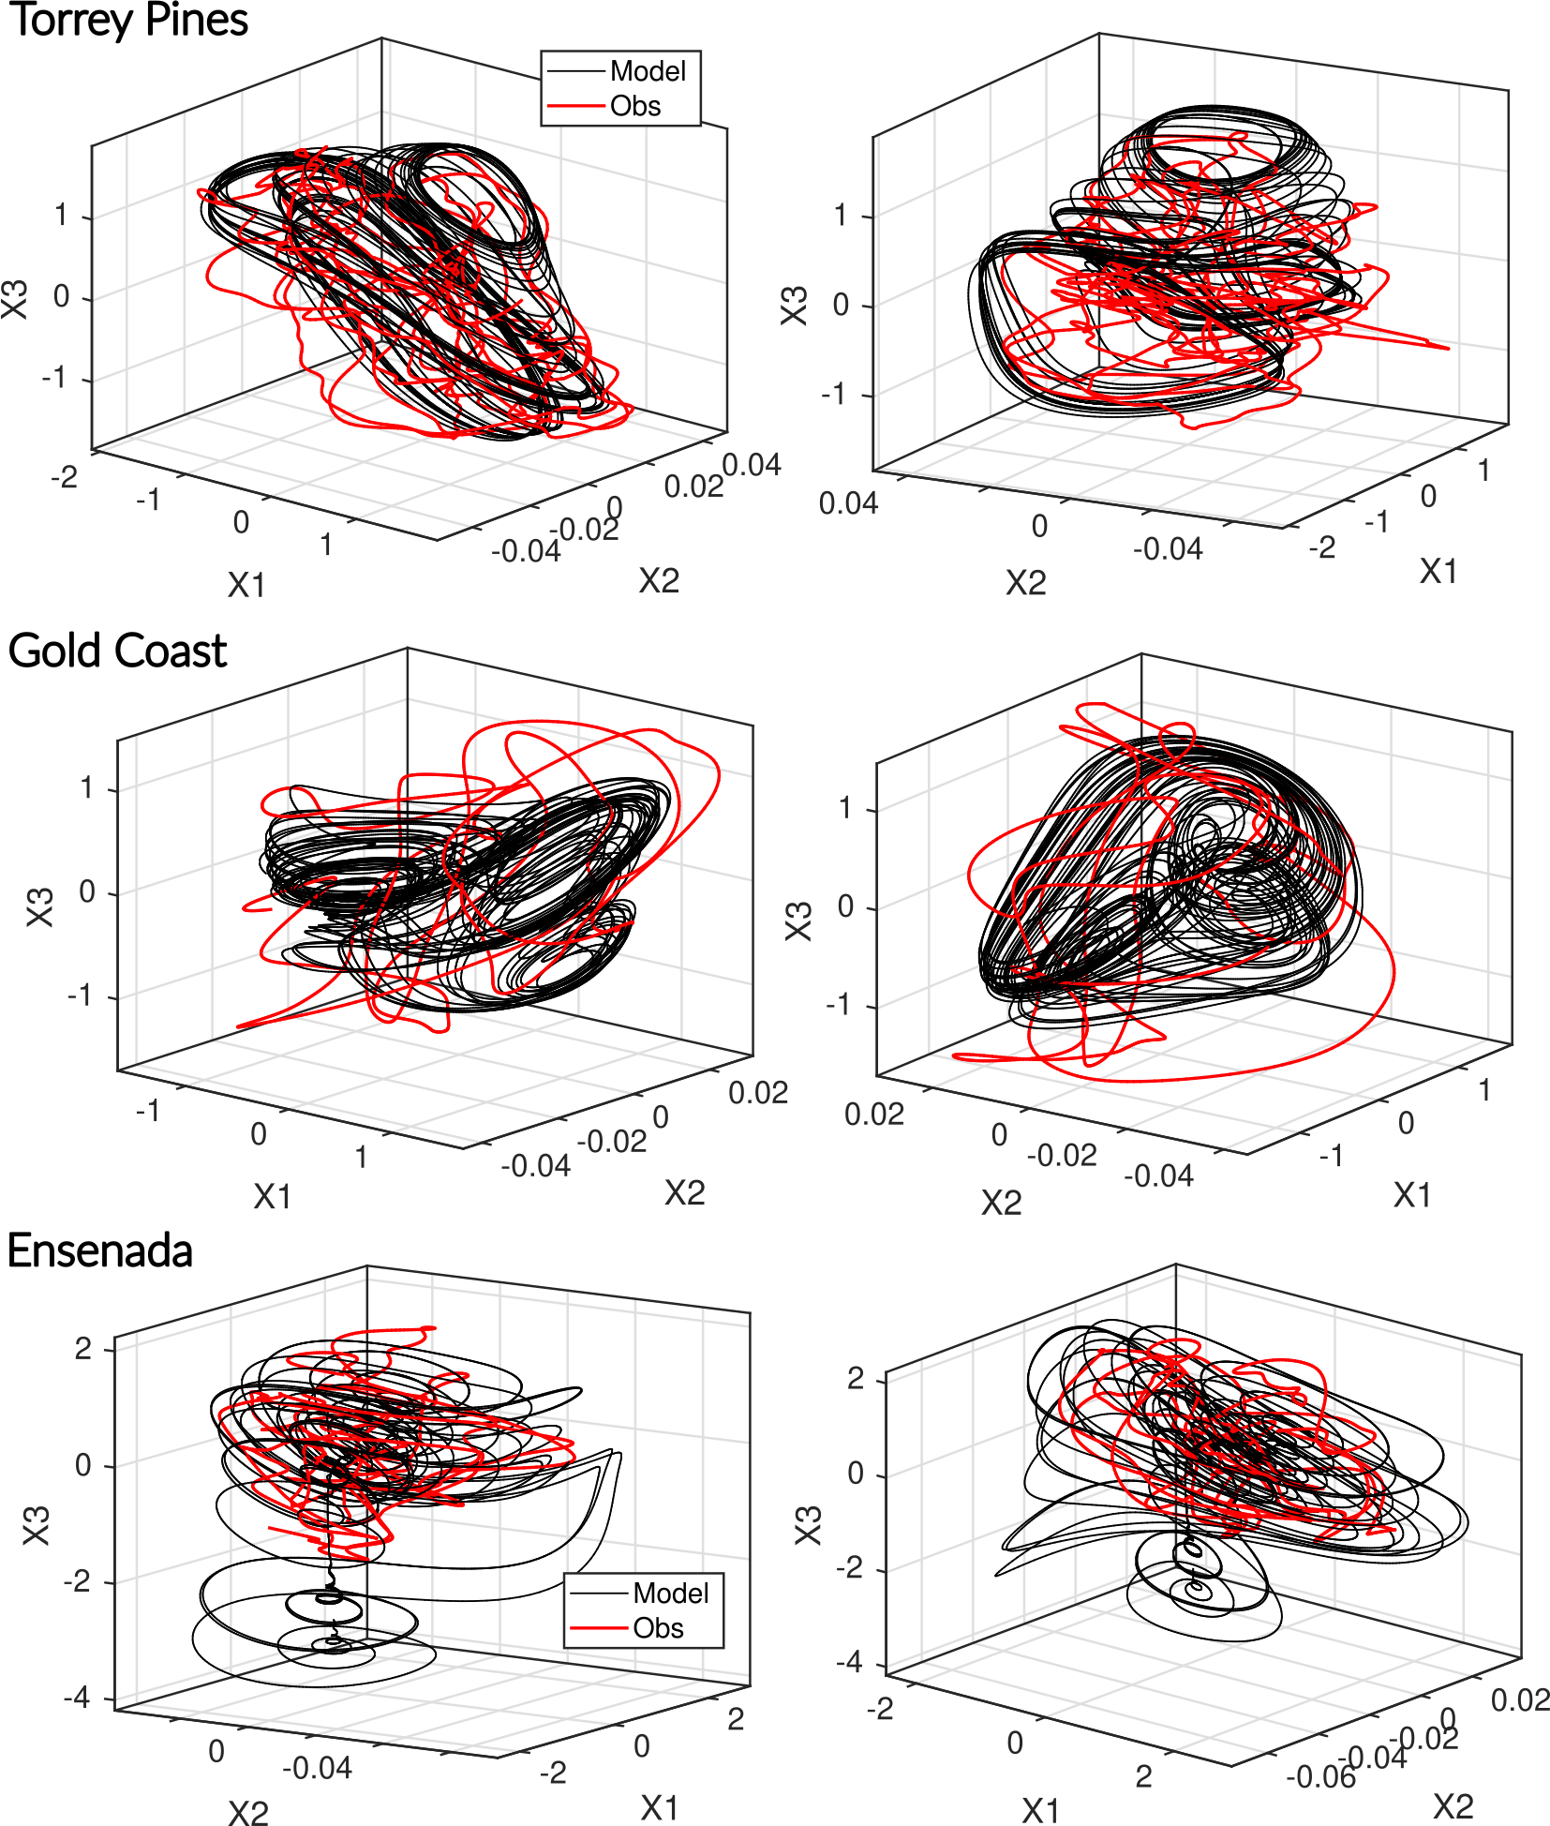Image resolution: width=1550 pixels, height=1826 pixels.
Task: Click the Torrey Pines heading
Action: click(128, 21)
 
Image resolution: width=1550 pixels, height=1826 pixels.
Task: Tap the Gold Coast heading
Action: click(117, 651)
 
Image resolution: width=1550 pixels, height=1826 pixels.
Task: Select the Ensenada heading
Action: click(100, 1250)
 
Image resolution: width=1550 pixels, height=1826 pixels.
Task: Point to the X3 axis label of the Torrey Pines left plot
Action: click(16, 299)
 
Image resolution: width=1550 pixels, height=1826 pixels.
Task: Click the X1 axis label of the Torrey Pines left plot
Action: click(246, 585)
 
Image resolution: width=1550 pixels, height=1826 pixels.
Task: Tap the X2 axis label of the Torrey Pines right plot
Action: click(1025, 583)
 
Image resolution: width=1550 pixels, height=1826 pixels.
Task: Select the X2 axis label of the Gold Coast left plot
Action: click(684, 1192)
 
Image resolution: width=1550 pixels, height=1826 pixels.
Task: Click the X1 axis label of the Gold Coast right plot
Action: click(1412, 1195)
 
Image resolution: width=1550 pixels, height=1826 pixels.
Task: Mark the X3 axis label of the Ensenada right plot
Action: click(808, 1525)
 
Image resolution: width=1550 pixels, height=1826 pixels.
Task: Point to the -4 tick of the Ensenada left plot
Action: click(77, 1698)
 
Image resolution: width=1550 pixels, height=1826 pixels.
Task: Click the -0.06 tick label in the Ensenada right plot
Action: click(1320, 1776)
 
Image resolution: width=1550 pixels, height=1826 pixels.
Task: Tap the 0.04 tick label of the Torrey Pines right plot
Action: click(848, 503)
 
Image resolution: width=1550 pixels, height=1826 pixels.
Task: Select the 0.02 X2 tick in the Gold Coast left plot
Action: click(757, 1093)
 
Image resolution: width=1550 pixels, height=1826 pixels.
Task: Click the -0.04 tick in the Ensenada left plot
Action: click(317, 1768)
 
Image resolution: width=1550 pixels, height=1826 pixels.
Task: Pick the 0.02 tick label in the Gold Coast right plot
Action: click(874, 1114)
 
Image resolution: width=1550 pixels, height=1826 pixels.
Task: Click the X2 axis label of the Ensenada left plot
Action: click(248, 1812)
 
